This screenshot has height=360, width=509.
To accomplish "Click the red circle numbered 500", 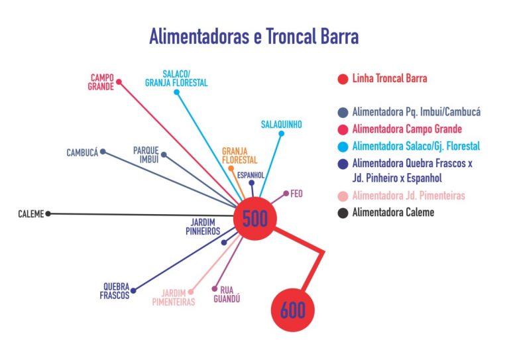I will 254,219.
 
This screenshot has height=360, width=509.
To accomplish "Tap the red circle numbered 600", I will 292,310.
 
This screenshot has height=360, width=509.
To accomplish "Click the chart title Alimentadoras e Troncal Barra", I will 254,36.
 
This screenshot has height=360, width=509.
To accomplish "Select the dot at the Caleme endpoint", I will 48,213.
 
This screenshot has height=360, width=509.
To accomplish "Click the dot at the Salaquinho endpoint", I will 282,134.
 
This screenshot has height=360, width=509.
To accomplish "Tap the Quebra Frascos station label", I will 115,291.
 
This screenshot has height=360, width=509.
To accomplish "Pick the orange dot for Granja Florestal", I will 231,168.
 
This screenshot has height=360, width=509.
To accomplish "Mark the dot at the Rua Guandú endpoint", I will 214,288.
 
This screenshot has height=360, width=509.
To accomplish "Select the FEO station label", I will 296,194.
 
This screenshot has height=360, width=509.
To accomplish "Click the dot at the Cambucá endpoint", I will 102,152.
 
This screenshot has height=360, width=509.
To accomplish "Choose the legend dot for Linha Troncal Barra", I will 343,79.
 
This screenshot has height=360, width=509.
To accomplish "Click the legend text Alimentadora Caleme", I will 394,212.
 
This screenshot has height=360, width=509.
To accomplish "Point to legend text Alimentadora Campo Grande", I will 407,129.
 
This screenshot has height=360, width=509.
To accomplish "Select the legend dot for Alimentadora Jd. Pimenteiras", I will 343,196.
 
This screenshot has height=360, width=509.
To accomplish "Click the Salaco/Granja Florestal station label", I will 176,78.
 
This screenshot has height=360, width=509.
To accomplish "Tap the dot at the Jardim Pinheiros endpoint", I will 224,243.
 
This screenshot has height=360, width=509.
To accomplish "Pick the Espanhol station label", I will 251,175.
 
